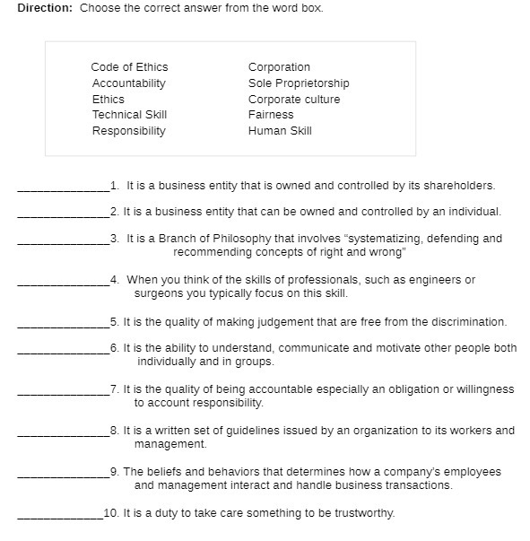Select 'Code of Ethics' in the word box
click(129, 67)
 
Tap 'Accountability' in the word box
click(128, 83)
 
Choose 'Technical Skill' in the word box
click(129, 115)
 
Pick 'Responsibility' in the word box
click(128, 131)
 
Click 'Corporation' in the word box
click(279, 67)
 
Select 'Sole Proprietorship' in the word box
click(299, 83)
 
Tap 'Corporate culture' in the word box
click(294, 100)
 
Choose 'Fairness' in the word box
click(271, 115)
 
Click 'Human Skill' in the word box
click(280, 131)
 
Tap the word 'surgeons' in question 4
click(157, 293)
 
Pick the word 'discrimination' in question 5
click(468, 322)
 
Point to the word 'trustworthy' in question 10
click(363, 514)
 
